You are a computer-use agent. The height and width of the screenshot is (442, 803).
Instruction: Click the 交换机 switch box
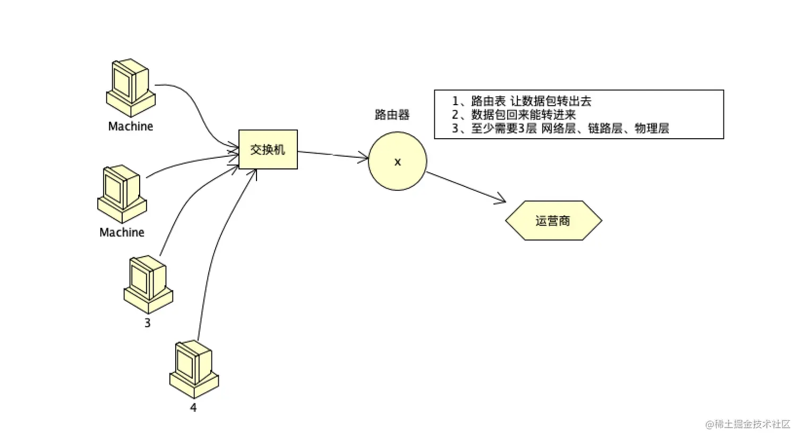(x=268, y=149)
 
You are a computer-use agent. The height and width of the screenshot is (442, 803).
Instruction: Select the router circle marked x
(x=397, y=161)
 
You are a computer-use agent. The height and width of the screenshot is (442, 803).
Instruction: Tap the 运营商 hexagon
(x=553, y=220)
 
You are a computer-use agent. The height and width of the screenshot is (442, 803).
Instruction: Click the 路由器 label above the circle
(x=392, y=115)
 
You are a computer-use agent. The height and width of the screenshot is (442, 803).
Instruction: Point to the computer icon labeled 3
(x=148, y=285)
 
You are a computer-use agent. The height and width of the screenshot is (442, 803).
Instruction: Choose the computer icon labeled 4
(x=194, y=369)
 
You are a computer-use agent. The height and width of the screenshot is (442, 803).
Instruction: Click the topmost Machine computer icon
(x=131, y=88)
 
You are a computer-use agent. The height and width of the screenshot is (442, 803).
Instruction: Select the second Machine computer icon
(x=122, y=194)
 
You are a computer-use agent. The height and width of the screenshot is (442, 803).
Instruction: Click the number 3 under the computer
(x=148, y=323)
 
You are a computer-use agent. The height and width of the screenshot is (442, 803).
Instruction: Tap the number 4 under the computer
(x=193, y=407)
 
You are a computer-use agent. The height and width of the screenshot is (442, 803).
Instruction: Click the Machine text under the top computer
(x=131, y=126)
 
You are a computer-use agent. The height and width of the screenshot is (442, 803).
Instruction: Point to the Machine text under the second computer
(x=122, y=233)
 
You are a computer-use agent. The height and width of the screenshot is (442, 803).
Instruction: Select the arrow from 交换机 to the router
(x=332, y=155)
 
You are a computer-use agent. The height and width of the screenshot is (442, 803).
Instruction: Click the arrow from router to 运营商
(x=466, y=187)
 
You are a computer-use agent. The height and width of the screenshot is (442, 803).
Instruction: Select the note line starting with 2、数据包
(x=514, y=114)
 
